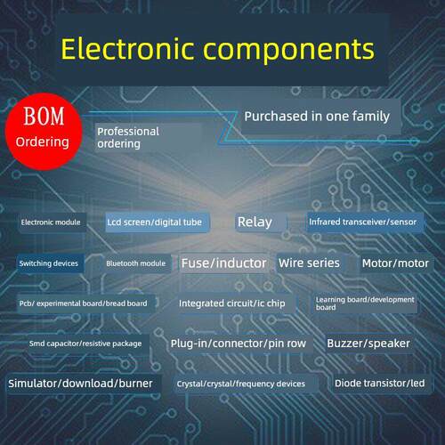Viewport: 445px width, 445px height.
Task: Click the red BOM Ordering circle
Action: pyautogui.click(x=44, y=132)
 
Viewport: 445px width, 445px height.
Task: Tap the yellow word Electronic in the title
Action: pyautogui.click(x=127, y=48)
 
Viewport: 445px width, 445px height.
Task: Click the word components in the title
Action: pyautogui.click(x=289, y=52)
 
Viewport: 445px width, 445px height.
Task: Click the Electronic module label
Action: pyautogui.click(x=52, y=222)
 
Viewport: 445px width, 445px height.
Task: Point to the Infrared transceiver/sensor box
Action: pyautogui.click(x=365, y=222)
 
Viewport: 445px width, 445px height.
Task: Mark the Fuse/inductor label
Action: pyautogui.click(x=224, y=263)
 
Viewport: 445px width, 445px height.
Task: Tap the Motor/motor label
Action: pyautogui.click(x=396, y=263)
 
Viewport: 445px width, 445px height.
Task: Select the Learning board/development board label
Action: pyautogui.click(x=365, y=303)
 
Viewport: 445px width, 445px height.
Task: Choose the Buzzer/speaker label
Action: pyautogui.click(x=368, y=344)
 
